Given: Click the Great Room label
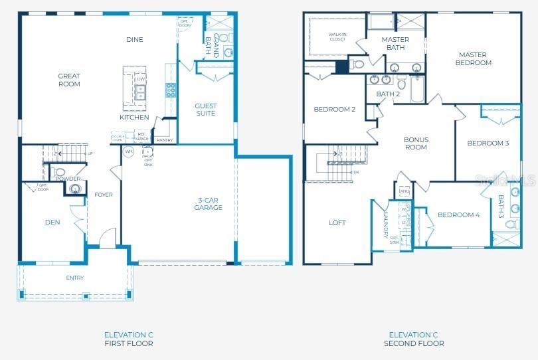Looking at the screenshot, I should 69,80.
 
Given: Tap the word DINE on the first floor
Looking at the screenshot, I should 135,40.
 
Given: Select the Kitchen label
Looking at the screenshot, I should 134,118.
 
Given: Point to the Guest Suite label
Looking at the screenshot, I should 205,110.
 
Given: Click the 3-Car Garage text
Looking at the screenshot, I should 210,204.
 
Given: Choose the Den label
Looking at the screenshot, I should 52,223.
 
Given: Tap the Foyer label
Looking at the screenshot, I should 104,195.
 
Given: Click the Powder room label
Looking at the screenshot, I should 68,179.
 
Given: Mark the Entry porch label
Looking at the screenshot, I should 75,278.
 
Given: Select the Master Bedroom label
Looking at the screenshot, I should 473,59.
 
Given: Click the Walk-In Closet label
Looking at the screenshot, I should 337,37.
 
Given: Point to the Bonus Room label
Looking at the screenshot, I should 416,143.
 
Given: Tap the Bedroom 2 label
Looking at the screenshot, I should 335,110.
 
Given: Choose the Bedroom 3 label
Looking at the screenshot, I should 488,143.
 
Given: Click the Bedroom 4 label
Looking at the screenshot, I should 458,215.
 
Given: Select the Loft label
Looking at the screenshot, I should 337,223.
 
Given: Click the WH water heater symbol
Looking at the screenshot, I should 129,151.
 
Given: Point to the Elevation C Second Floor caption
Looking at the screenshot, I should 414,339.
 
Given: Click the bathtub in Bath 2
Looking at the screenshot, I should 417,90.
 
